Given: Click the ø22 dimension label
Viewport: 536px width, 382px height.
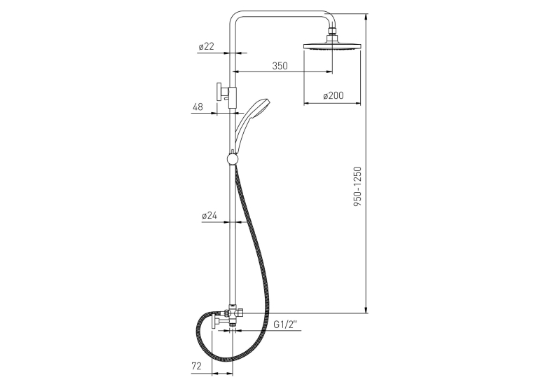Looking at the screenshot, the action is click(206, 46).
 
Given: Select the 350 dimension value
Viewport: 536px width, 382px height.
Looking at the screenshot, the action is click(280, 66).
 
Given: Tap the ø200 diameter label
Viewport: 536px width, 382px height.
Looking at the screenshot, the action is click(334, 95).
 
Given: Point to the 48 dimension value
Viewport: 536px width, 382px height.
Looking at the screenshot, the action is click(198, 107).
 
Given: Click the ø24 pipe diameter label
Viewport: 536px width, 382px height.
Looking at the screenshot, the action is click(209, 215).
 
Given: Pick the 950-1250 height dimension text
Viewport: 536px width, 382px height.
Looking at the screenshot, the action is click(357, 186).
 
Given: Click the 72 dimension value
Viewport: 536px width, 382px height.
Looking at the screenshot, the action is click(196, 367).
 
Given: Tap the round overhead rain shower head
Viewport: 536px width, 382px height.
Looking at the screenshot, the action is click(332, 47).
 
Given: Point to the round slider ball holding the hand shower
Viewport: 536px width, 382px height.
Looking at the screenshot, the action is click(232, 159).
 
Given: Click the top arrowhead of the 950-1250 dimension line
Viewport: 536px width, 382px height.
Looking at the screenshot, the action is click(366, 16).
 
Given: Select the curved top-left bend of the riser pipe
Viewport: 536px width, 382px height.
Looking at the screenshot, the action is click(234, 16).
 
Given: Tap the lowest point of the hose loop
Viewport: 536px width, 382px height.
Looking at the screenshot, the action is click(227, 360).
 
